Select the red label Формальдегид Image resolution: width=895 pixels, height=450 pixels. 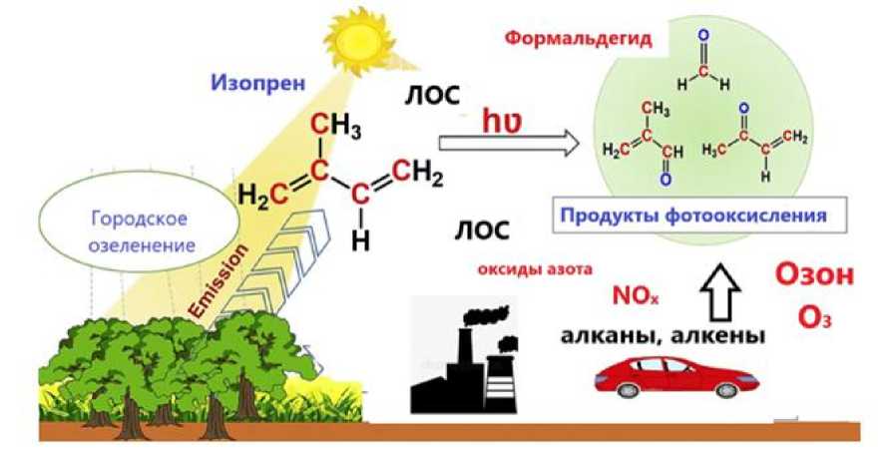tap(579, 42)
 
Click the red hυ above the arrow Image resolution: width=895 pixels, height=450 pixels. tap(503, 121)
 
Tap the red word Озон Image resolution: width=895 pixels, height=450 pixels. tap(814, 277)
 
